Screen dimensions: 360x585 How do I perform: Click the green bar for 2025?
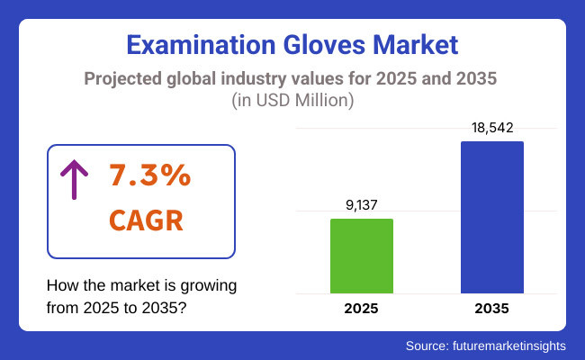click(361, 256)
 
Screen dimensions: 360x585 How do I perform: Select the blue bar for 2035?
click(491, 217)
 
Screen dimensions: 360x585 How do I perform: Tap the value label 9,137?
click(361, 205)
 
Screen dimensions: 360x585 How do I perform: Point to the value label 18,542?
click(491, 128)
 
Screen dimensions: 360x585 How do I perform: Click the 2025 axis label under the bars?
click(361, 309)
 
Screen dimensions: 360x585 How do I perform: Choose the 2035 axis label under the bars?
click(491, 309)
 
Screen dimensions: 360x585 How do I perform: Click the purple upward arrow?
click(72, 177)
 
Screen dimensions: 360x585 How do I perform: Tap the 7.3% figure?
click(149, 175)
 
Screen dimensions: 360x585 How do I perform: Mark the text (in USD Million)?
click(292, 101)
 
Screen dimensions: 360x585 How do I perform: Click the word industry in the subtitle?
click(269, 78)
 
